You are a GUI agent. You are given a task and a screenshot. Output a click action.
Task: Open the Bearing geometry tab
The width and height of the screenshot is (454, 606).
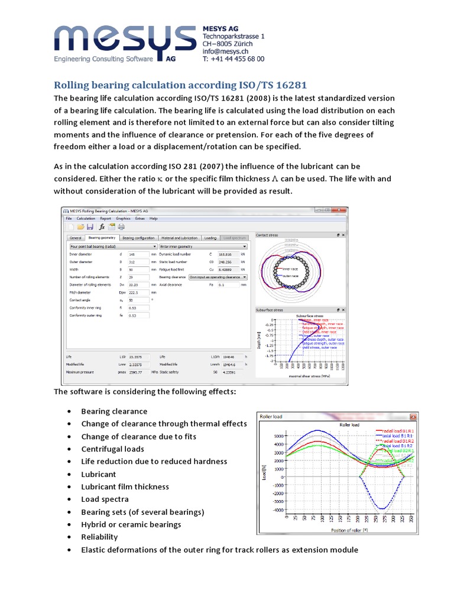tap(102, 237)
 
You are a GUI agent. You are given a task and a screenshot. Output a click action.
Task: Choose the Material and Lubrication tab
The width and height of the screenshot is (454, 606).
tap(180, 237)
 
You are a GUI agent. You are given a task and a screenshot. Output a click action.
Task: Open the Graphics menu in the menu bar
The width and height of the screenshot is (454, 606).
tap(123, 218)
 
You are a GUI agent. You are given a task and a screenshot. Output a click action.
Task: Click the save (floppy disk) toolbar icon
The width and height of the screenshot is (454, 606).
tap(90, 227)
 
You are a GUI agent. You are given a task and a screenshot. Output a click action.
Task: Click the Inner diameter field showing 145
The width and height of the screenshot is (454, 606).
tap(138, 254)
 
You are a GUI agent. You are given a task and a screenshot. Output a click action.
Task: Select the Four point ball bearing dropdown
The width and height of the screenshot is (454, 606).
tap(112, 246)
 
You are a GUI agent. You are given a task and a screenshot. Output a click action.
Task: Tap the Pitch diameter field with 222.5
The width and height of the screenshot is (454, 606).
tap(138, 292)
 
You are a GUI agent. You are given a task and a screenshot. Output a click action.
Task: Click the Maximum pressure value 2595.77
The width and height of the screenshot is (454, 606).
tap(138, 372)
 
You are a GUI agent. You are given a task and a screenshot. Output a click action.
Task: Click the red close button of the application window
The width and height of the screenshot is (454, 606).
tap(342, 210)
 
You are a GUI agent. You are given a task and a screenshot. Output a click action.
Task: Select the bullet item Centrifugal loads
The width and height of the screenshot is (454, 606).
tap(112, 449)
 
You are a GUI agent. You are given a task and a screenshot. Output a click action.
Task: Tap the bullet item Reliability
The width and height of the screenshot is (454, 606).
tap(99, 537)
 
